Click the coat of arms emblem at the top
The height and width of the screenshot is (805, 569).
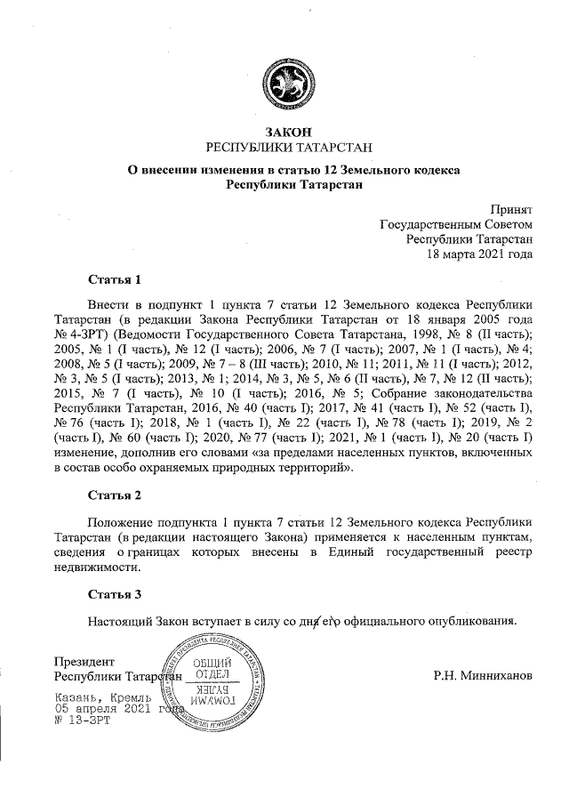tap(284, 87)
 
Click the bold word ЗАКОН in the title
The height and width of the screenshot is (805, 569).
tap(284, 132)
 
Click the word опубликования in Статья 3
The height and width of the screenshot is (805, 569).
tap(472, 621)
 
